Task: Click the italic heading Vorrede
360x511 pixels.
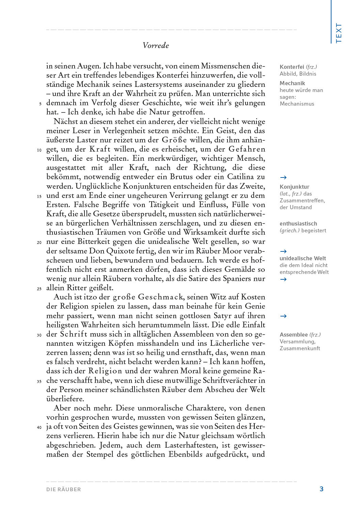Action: point(156,45)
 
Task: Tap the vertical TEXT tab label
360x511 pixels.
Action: point(339,33)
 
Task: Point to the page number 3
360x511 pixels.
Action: point(322,489)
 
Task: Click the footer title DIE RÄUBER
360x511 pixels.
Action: point(64,489)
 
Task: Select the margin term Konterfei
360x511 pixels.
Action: point(292,67)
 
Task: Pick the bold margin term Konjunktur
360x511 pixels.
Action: point(294,187)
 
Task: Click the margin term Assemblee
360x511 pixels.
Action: point(294,335)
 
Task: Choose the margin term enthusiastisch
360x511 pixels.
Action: point(298,223)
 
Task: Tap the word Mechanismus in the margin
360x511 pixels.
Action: point(297,104)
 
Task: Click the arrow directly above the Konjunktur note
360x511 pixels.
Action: point(283,177)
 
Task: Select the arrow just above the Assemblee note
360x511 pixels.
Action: point(283,316)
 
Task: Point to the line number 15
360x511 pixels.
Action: point(39,196)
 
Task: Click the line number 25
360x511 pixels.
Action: point(39,289)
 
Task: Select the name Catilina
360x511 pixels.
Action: point(240,177)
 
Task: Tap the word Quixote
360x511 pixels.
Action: point(116,251)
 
